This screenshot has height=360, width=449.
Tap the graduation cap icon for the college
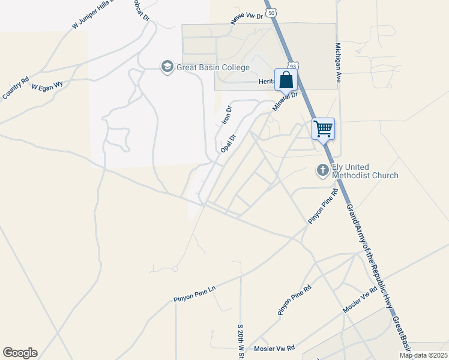[167, 66]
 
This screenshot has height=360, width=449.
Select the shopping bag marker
[286, 79]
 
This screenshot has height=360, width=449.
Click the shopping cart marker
[323, 128]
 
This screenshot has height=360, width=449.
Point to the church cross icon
[322, 170]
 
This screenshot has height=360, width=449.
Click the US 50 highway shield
[271, 12]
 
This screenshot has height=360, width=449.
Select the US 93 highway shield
[292, 65]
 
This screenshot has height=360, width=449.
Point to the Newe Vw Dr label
[247, 19]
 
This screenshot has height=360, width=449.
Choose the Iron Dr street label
[226, 115]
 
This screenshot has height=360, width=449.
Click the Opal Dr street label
[229, 143]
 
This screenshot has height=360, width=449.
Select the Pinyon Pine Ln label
[194, 293]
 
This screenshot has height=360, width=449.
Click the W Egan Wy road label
[47, 86]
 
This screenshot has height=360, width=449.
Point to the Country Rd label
[16, 88]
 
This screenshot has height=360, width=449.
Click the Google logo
[20, 353]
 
